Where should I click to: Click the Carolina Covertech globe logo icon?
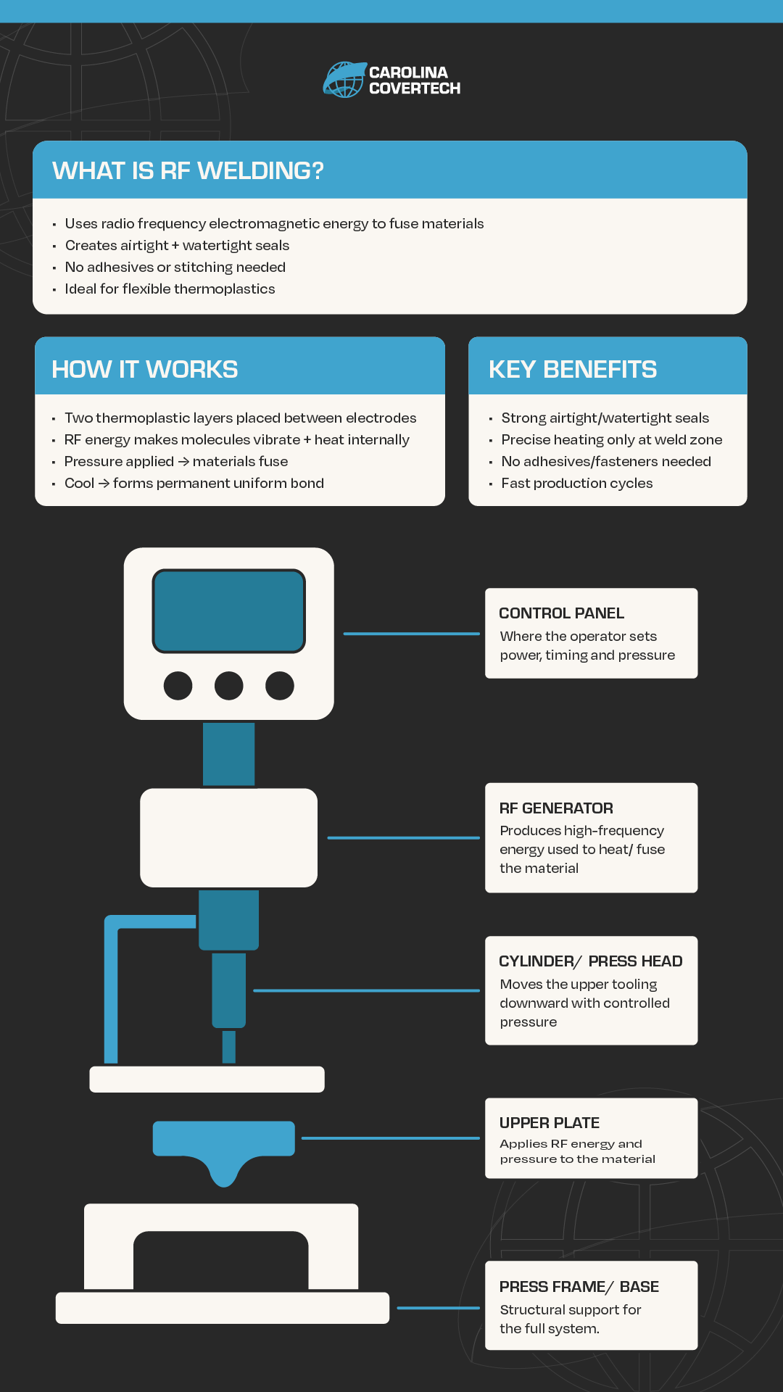(344, 80)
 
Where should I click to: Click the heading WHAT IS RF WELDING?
(188, 170)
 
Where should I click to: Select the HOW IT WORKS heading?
(145, 369)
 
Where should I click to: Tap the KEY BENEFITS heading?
(573, 369)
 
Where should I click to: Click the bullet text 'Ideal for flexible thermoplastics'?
(170, 289)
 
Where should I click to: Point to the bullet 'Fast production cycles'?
(577, 483)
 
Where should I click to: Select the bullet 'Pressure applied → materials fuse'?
(176, 461)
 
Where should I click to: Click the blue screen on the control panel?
(228, 611)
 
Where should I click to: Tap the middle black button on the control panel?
(229, 685)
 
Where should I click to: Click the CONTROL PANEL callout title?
(561, 613)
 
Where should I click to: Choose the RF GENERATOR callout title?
(556, 808)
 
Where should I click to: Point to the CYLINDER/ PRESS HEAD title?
(591, 961)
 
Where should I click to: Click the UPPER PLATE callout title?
(550, 1123)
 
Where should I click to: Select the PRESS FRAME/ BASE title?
(579, 1287)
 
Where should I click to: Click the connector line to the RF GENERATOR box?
(404, 837)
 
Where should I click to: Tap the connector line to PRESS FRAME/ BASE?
(439, 1308)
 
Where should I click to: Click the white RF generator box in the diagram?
(229, 837)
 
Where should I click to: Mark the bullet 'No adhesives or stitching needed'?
(175, 267)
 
